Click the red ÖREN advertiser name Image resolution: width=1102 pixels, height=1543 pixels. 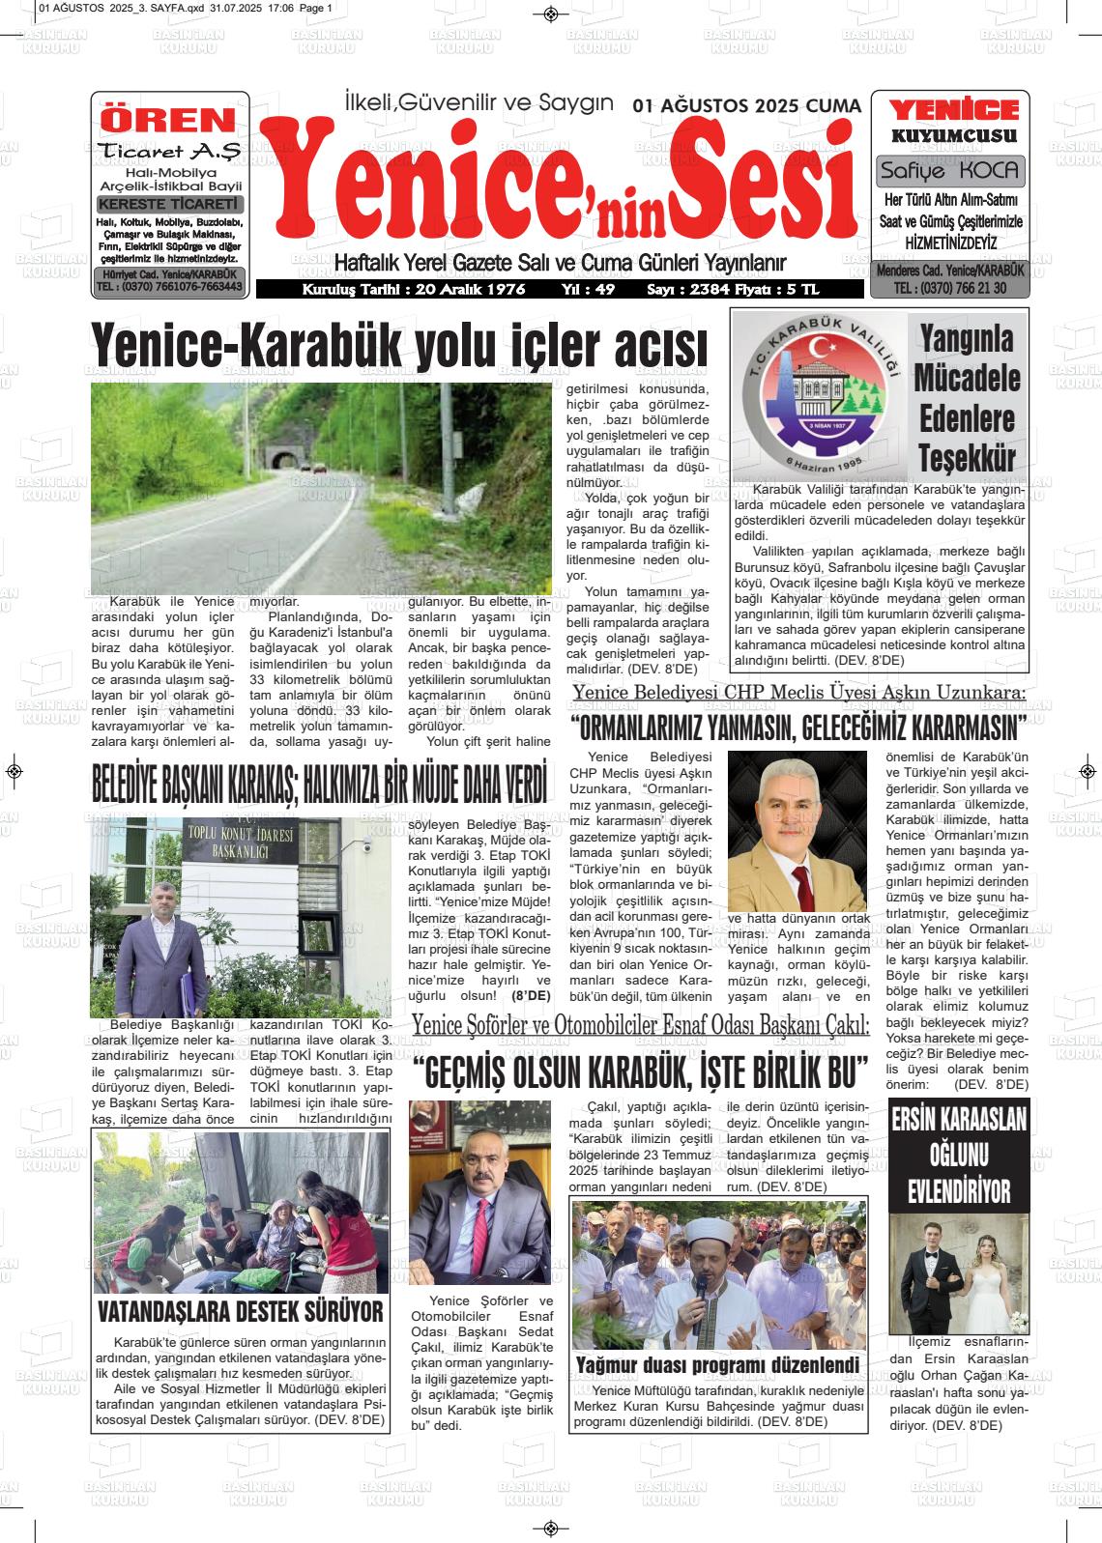click(x=169, y=120)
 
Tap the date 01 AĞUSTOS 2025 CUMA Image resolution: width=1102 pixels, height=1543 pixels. click(x=746, y=106)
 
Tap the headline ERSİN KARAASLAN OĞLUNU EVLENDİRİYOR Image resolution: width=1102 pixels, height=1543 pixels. click(x=958, y=1155)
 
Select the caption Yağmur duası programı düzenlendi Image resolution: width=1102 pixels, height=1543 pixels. click(x=717, y=1364)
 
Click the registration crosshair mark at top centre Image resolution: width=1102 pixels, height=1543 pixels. click(x=551, y=14)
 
